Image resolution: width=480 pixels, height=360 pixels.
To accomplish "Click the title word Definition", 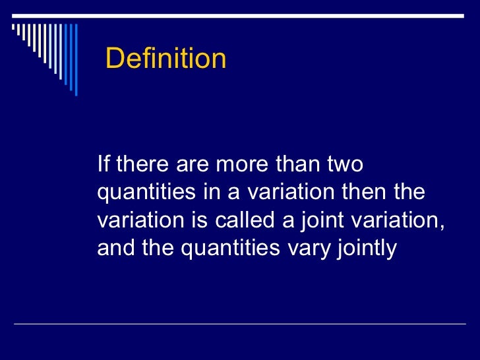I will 165,59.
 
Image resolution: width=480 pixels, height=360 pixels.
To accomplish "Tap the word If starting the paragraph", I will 103,164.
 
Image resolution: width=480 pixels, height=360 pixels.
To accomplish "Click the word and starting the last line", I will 114,249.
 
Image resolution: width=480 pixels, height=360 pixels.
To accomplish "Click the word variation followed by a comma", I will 396,220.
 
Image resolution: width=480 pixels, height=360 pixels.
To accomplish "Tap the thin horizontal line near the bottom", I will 240,324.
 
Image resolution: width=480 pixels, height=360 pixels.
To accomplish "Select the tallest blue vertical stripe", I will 75,60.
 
